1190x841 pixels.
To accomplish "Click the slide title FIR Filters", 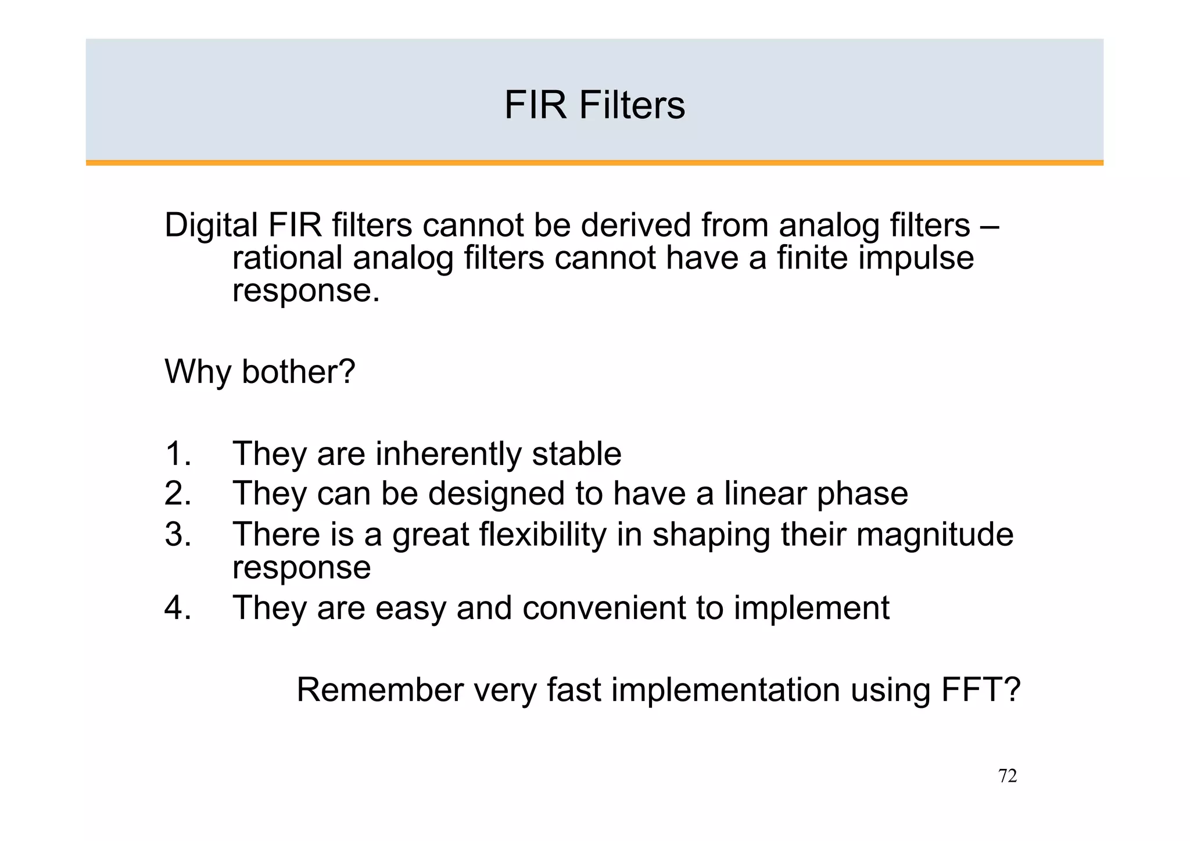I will (594, 105).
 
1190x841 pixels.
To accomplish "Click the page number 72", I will (1007, 776).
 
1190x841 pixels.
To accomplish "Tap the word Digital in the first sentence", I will (211, 226).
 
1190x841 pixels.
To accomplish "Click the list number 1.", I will (177, 454).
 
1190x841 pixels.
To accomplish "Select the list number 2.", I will (177, 493).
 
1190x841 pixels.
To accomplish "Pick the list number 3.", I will (177, 534).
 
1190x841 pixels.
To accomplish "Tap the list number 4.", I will (177, 608).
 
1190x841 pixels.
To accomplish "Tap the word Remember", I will (380, 690).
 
